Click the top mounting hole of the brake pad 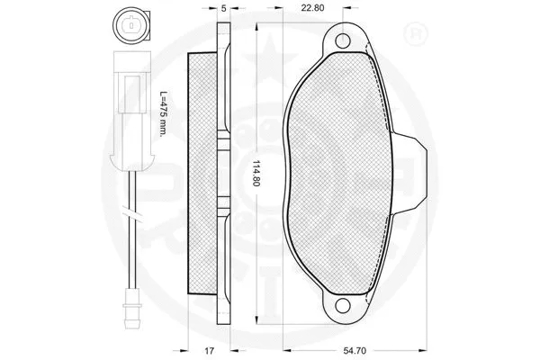343,40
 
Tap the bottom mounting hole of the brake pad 343,310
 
